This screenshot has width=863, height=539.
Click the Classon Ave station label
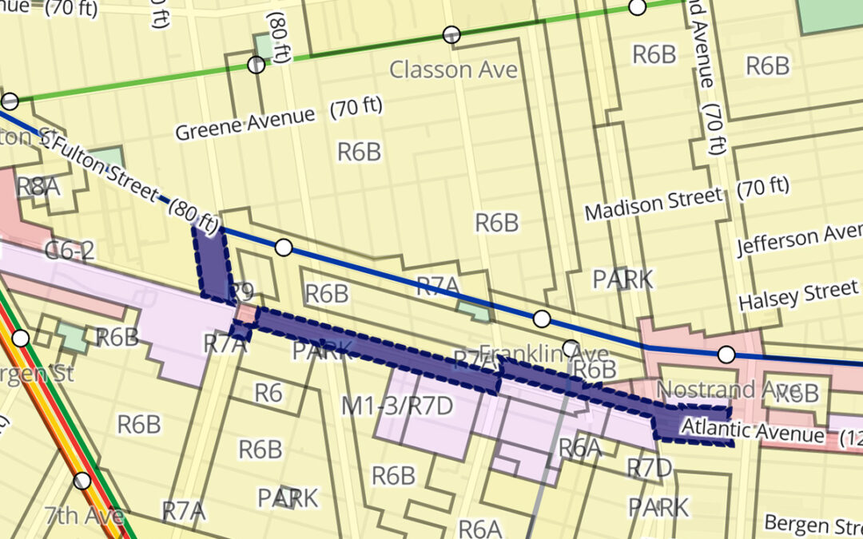pos(453,69)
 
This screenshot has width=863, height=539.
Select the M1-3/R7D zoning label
pos(397,406)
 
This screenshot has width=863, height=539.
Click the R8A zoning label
pos(38,188)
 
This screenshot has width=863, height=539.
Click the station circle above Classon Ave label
pos(452,34)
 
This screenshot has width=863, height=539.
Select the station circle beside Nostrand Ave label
pos(726,354)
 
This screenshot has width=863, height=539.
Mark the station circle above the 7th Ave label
pos(82,481)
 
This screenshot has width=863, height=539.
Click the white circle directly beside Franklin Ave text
pos(571,348)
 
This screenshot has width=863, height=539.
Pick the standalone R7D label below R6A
pos(649,468)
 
